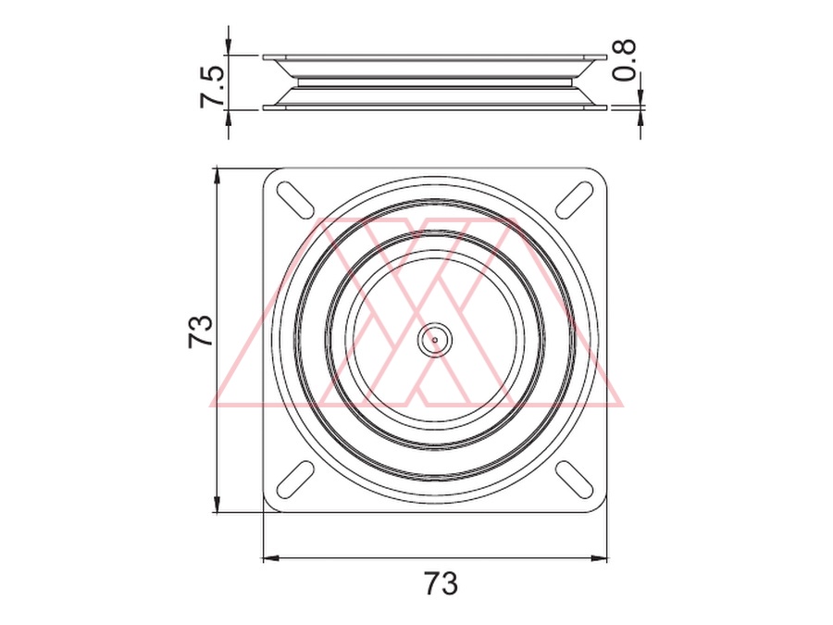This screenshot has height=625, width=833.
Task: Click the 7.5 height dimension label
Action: click(213, 87)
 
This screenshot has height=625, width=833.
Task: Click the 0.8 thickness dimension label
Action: click(624, 60)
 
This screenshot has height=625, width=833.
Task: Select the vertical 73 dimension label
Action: click(200, 331)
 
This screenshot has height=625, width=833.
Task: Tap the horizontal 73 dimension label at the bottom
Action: click(441, 583)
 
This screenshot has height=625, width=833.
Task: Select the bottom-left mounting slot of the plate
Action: click(295, 480)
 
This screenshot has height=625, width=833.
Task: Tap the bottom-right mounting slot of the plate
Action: click(575, 480)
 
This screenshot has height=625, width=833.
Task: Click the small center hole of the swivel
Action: click(435, 339)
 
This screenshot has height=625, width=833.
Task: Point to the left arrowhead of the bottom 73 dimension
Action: click(271, 558)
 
